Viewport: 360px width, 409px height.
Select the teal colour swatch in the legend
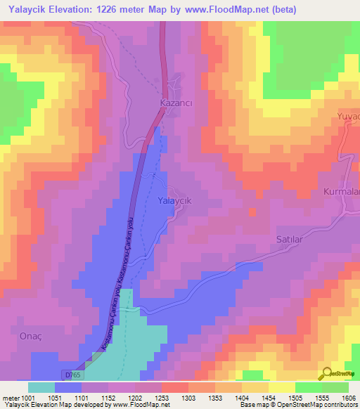click(41, 387)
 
